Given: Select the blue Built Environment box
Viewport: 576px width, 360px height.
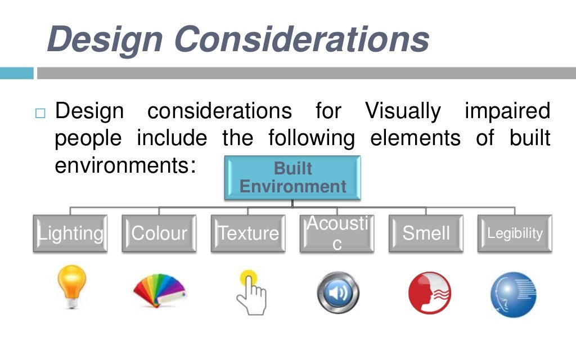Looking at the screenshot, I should coord(292,178).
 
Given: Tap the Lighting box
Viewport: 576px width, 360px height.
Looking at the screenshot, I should coord(70,233).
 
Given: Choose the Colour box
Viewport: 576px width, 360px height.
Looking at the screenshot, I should coord(159,233).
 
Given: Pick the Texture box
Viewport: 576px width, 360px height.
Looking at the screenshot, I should coord(248,233).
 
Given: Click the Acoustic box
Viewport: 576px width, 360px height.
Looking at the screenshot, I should coord(337,233).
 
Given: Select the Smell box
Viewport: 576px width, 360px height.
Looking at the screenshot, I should coord(426,233).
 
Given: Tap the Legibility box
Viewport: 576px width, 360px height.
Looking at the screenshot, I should coord(515,233).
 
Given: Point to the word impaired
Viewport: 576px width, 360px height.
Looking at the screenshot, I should coord(507,111).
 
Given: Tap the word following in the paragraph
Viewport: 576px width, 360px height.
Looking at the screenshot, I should coord(312,138).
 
